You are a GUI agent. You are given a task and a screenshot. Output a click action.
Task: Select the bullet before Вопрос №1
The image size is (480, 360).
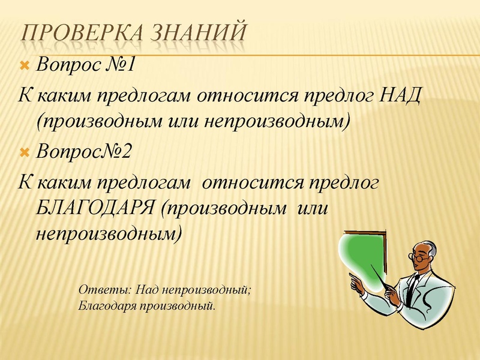coord(25,65)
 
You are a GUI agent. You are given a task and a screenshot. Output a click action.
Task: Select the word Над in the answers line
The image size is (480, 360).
coord(145,290)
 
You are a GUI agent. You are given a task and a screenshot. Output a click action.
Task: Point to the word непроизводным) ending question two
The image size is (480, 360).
coord(109,233)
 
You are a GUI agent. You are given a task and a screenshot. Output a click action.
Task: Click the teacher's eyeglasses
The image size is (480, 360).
coord(418,254)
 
